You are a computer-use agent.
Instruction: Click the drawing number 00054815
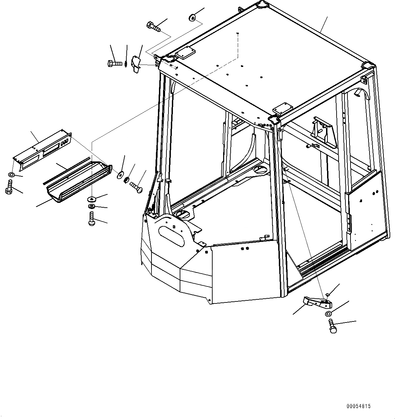click(359, 406)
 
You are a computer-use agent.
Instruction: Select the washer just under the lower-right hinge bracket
click(328, 313)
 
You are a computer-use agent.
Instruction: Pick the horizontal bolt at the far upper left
click(114, 63)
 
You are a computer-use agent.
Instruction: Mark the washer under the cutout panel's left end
click(11, 175)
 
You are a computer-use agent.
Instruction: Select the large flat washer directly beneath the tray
click(92, 198)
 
